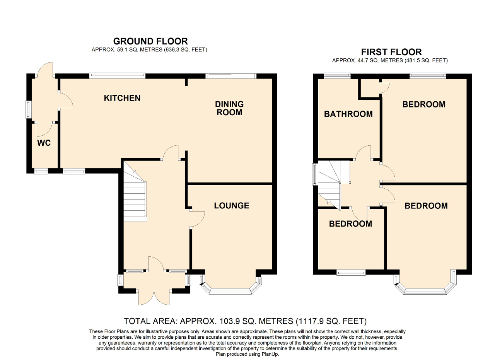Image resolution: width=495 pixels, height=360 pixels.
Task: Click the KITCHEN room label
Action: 122,98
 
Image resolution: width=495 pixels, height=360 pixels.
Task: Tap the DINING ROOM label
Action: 229,108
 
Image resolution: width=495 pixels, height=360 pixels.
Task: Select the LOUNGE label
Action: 232,206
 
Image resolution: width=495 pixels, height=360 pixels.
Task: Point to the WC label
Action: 44,143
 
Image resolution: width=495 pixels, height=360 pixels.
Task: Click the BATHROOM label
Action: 348,114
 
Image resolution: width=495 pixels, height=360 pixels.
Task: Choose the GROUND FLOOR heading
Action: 150,41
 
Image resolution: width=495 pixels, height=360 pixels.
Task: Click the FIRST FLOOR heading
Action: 391,52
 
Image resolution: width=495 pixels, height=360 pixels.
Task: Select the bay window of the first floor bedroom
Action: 425,290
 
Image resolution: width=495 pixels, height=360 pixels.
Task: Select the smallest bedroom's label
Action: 350,224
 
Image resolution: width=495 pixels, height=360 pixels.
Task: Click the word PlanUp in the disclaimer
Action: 269,354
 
